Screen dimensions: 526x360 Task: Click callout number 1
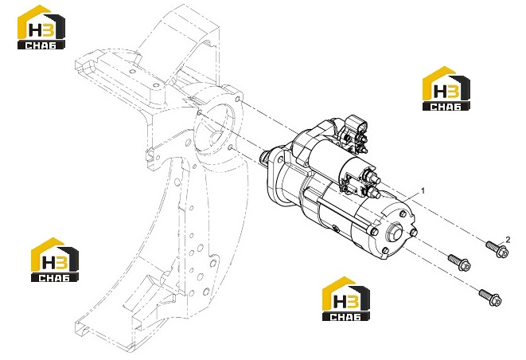click(423, 190)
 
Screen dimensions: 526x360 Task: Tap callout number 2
click(508, 240)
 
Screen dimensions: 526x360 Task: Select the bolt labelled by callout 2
click(498, 248)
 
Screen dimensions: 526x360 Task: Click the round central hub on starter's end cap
click(394, 232)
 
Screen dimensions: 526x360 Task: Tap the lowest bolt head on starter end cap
click(386, 251)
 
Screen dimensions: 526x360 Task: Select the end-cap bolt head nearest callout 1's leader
click(403, 214)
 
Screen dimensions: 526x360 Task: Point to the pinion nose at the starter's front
click(265, 156)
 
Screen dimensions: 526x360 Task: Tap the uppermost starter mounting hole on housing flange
click(237, 100)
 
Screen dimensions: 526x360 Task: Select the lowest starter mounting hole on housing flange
click(230, 147)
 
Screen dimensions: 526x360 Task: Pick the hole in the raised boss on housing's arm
click(155, 85)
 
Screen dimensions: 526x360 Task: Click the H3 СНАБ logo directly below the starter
click(346, 299)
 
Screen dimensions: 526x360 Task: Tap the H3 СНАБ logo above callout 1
click(446, 88)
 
